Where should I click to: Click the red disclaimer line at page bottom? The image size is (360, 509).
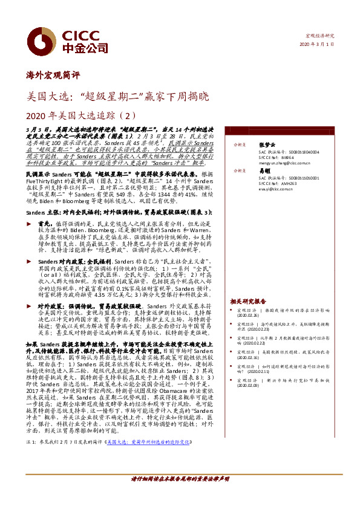point(180,495)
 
